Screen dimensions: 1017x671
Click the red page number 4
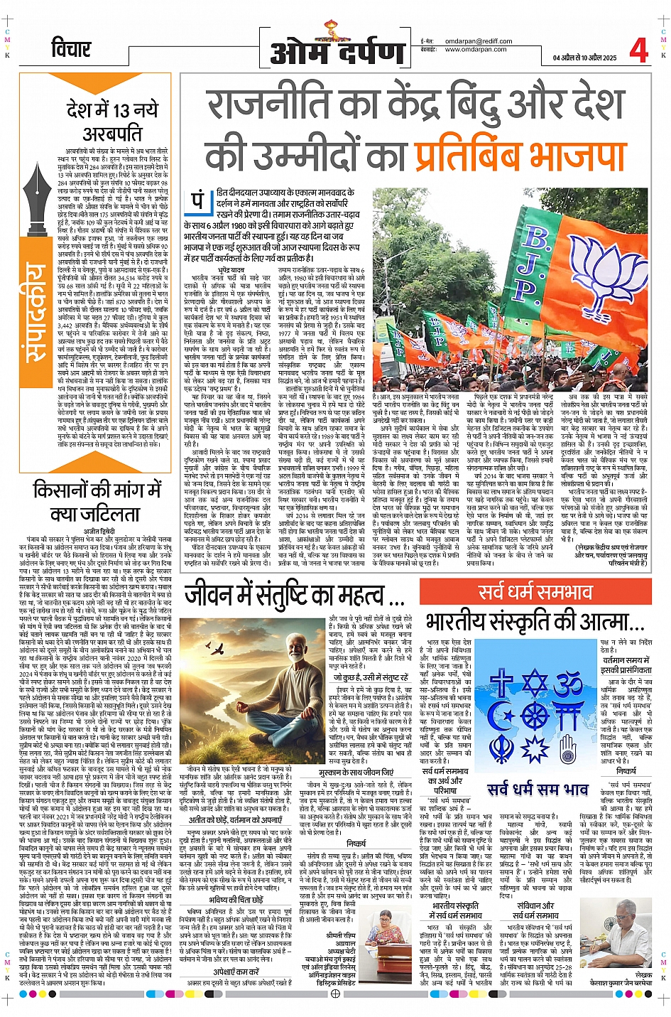coord(638,50)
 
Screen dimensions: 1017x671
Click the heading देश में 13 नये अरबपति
coord(112,121)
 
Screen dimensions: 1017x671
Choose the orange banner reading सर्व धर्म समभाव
coord(535,592)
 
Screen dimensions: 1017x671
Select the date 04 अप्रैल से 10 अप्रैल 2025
coord(584,58)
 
